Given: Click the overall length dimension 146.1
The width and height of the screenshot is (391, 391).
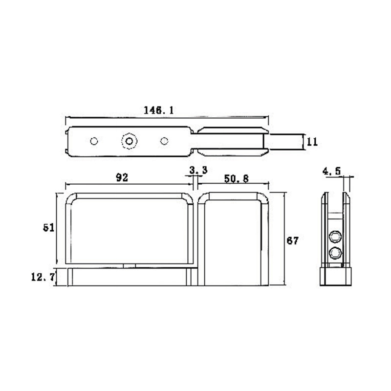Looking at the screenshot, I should (x=158, y=110).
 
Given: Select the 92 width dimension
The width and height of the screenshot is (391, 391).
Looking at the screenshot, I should (x=122, y=178).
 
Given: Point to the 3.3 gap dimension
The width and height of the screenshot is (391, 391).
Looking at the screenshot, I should (x=198, y=171).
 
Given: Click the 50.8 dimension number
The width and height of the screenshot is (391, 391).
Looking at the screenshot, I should (x=236, y=179).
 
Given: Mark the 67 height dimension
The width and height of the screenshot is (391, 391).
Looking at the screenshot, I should (x=293, y=240).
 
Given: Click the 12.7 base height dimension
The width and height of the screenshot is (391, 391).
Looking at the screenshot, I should (x=42, y=277).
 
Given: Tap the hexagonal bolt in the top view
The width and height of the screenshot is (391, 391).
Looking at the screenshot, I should (x=129, y=141).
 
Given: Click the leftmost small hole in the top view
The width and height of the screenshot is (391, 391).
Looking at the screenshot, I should (x=94, y=141).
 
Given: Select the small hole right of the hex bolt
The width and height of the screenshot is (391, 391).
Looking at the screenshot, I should (x=164, y=141).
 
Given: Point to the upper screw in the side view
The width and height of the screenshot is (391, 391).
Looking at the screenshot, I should (x=335, y=238).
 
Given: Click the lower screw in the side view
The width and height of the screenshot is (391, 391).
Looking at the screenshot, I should (x=335, y=253).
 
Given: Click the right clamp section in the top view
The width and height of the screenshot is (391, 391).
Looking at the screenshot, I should (x=234, y=141).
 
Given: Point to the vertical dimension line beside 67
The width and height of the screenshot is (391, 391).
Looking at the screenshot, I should (x=284, y=239).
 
